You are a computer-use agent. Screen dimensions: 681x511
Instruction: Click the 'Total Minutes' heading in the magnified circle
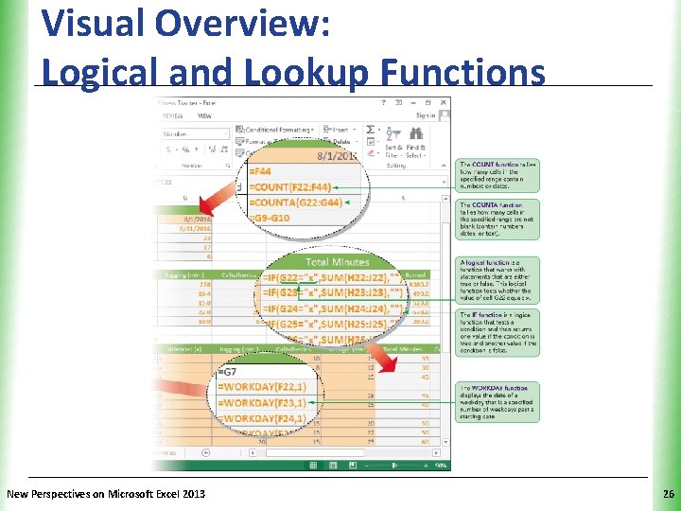coord(337,260)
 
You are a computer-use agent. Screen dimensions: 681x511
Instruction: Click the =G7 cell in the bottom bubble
coord(231,371)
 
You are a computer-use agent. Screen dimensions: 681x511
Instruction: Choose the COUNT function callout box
coord(498,176)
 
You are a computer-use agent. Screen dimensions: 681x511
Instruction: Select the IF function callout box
coord(498,332)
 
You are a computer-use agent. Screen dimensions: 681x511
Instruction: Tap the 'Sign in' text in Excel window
coord(425,115)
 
